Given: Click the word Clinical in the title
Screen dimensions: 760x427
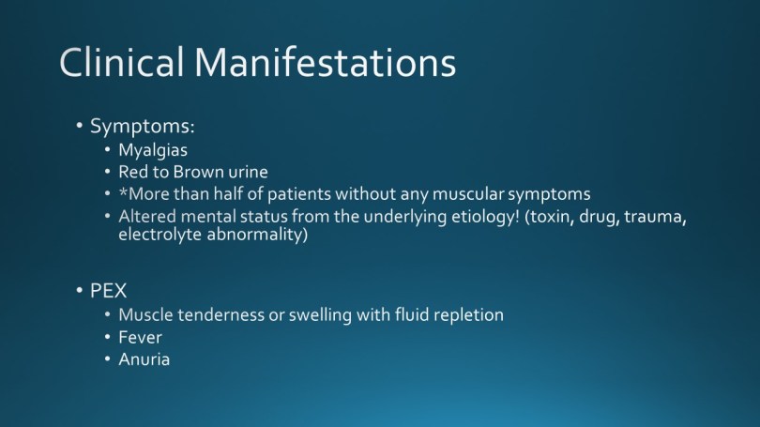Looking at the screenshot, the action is coord(122,62).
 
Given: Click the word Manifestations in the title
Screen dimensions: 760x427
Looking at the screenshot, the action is coord(326,62).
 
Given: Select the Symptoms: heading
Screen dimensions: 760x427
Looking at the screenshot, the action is coord(142,127).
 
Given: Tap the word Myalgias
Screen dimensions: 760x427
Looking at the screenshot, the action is coord(153,151).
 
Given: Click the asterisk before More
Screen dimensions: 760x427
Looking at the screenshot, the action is coord(123,192).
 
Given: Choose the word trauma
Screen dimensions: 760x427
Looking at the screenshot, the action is coord(655,217).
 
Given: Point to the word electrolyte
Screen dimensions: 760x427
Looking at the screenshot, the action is coord(160,235).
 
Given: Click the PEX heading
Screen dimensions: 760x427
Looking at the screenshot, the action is coord(108,291).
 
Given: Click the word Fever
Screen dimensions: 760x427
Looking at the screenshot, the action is coord(140,337).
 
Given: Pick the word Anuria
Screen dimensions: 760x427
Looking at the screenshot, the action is coord(144,359).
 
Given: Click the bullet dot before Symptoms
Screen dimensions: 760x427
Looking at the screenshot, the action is coord(80,126).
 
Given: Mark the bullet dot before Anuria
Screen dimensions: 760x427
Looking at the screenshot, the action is coord(108,359).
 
